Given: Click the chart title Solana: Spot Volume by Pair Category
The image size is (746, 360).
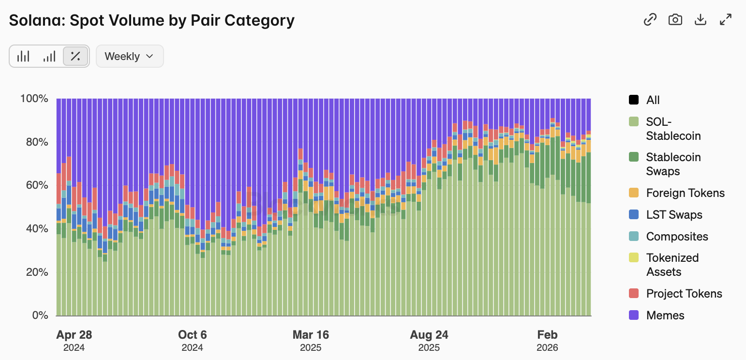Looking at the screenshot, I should tap(152, 20).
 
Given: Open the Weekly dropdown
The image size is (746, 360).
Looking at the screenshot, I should tap(129, 56).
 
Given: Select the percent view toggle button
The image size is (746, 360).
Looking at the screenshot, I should tap(75, 56).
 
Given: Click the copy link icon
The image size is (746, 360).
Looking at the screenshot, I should tap(650, 19).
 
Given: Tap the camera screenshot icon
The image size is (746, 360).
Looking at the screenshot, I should tap(675, 19).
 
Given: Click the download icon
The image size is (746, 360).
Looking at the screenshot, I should tap(701, 19).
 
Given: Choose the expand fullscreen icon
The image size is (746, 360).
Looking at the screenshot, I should tap(726, 19).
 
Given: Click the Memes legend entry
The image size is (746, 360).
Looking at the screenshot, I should tap(665, 315).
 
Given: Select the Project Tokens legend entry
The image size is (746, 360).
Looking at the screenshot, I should tap(684, 294).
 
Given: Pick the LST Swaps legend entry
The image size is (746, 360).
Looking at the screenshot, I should tap(674, 215).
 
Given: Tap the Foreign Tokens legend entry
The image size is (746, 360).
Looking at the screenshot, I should tap(685, 193).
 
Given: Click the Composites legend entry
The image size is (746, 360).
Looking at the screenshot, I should tap(677, 237).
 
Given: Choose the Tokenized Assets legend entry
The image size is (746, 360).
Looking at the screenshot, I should tap(672, 265).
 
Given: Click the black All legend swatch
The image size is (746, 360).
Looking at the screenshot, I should tap(634, 100).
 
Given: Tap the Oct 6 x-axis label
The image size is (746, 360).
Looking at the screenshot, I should tap(193, 335).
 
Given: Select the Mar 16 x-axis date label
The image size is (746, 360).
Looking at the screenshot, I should tap(311, 335).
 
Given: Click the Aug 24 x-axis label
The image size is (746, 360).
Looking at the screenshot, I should tap(429, 335).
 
